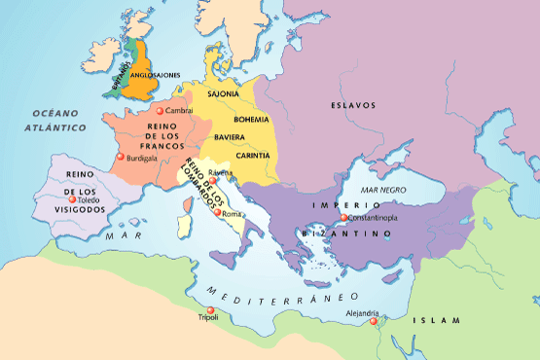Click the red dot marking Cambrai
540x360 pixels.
click(x=161, y=112)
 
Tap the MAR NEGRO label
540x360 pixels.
click(x=381, y=190)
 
